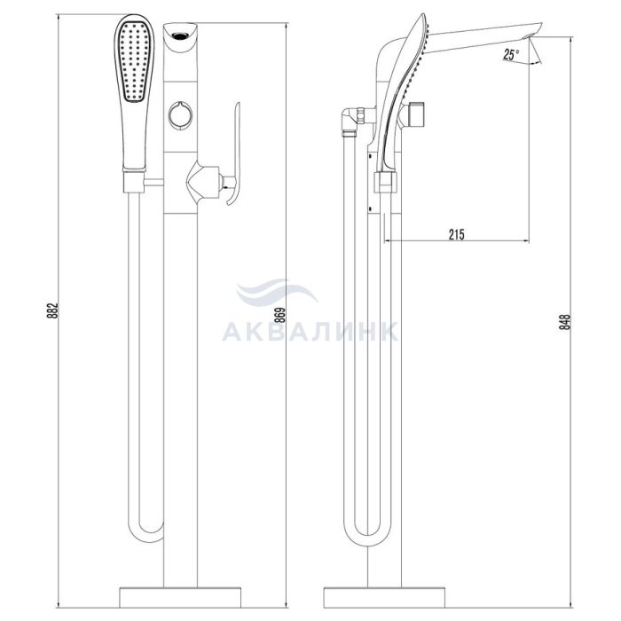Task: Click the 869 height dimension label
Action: click(280, 315)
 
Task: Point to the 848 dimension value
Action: click(565, 322)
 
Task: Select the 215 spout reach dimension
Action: click(456, 234)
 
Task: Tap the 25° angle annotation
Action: click(511, 53)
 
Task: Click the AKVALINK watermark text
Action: click(310, 331)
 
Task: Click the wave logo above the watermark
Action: click(277, 292)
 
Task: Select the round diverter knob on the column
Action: click(181, 114)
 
